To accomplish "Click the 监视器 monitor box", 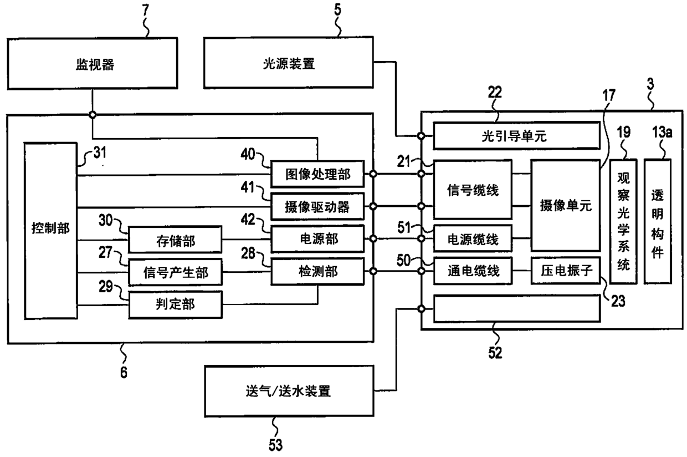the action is (x=93, y=64).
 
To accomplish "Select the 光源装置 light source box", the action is (x=289, y=63).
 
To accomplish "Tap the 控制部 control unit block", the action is (x=50, y=231).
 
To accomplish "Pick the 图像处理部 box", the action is (x=317, y=174).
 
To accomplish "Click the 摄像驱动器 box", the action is (x=317, y=206).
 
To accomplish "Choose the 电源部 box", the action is (x=317, y=239).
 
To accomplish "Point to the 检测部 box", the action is (x=317, y=272).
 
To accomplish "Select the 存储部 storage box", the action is (x=175, y=240).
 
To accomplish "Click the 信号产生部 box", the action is (x=175, y=272).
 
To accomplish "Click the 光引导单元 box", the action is (x=517, y=136).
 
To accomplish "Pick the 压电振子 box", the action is (x=566, y=271).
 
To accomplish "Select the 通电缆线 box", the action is (x=473, y=271).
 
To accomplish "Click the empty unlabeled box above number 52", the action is (x=517, y=308).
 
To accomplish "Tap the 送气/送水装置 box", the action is (x=289, y=391).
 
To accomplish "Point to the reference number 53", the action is (x=275, y=445).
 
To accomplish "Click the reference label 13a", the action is (x=662, y=133).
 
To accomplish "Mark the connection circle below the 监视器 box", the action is (x=93, y=115).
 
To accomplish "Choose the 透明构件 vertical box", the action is (x=658, y=221).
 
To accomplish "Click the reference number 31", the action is (x=100, y=153).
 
